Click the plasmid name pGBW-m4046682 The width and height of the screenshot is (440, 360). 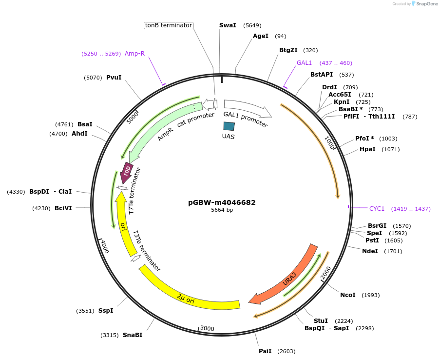(222, 202)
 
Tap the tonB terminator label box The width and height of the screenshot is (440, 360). (169, 25)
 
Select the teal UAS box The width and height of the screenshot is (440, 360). (229, 126)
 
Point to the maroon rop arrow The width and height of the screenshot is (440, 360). (127, 172)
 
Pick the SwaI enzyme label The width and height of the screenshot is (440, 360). (228, 25)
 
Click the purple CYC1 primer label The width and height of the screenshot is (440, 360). (377, 209)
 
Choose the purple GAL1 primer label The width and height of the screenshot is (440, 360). (304, 63)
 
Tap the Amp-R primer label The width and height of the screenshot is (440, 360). (134, 54)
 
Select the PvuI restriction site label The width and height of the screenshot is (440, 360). (114, 77)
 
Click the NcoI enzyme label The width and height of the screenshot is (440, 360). (348, 295)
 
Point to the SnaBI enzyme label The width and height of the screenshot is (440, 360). (133, 335)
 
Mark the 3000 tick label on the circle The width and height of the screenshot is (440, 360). (208, 328)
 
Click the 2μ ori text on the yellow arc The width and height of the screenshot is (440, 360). (186, 299)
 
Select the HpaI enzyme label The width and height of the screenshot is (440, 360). (367, 149)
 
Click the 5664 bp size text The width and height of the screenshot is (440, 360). (222, 210)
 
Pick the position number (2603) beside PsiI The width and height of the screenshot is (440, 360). (286, 351)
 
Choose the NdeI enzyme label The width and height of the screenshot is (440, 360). (370, 251)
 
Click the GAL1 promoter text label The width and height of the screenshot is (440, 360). (246, 120)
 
